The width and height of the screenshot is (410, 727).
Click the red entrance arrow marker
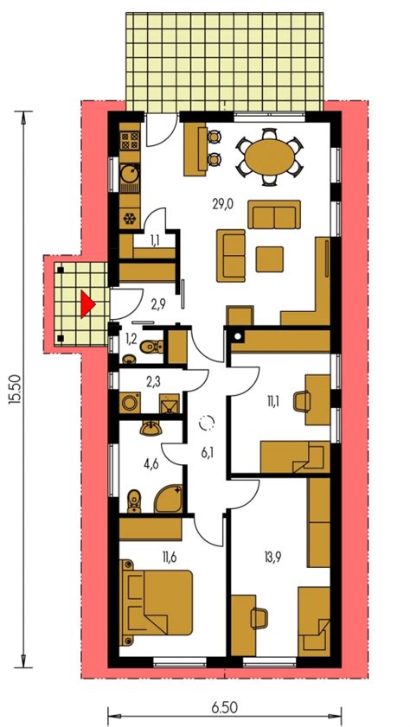coord(86,304)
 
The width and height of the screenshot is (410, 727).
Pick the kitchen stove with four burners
coord(130,139)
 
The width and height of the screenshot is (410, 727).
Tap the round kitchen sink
coord(130,174)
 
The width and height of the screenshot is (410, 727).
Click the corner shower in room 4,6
coord(169,499)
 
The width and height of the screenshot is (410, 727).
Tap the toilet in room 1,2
coord(151,347)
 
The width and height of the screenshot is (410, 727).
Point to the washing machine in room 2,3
coord(131,403)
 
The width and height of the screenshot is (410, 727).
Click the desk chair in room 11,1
coord(302,401)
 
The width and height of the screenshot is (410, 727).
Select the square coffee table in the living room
coord(270,259)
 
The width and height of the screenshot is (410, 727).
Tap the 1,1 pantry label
coord(156,240)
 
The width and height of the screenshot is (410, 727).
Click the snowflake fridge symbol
coord(130,218)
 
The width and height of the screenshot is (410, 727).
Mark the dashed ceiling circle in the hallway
coord(207,423)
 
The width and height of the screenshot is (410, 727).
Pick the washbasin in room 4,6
coord(151,430)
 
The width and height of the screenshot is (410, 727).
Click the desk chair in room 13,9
coord(259,618)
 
